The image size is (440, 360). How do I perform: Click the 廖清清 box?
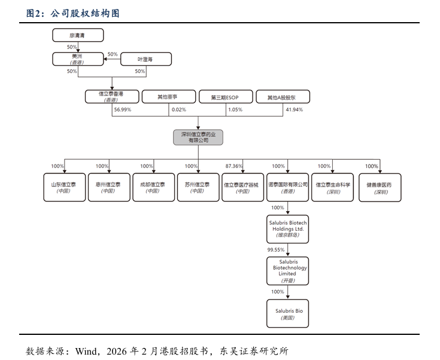(x=78, y=36)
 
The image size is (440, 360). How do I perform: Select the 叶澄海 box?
(x=146, y=59)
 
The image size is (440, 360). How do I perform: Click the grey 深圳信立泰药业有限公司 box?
(x=198, y=137)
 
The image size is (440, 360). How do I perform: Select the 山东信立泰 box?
(x=65, y=187)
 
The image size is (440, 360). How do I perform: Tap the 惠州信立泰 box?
(x=108, y=187)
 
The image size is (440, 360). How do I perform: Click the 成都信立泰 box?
(x=153, y=187)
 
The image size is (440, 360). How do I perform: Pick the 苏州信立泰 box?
(x=198, y=187)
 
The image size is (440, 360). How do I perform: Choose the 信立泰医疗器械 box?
(x=242, y=187)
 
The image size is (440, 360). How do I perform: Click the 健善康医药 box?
(x=379, y=187)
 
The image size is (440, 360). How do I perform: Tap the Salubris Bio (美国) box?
(x=287, y=314)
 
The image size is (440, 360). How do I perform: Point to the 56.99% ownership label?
(x=123, y=110)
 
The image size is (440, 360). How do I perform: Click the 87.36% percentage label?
(x=233, y=166)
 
